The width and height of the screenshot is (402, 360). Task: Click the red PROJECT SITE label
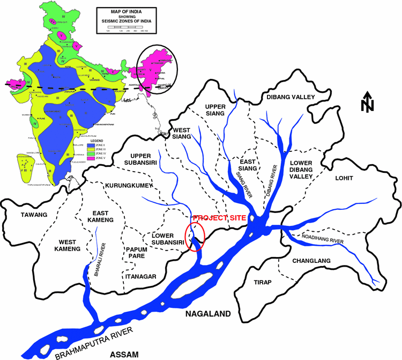[x=218, y=218]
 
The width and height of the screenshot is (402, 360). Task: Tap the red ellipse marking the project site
[x=195, y=237]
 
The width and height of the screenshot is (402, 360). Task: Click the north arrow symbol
[x=367, y=102]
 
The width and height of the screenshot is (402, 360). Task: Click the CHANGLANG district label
[x=312, y=261]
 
